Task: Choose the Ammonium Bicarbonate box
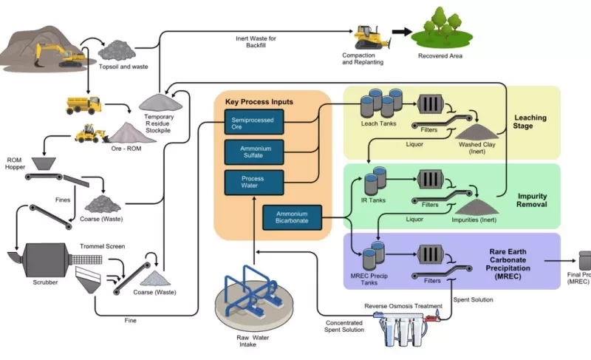294,216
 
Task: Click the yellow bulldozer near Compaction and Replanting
367,38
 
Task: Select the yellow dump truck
83,104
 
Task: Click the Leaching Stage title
532,121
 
